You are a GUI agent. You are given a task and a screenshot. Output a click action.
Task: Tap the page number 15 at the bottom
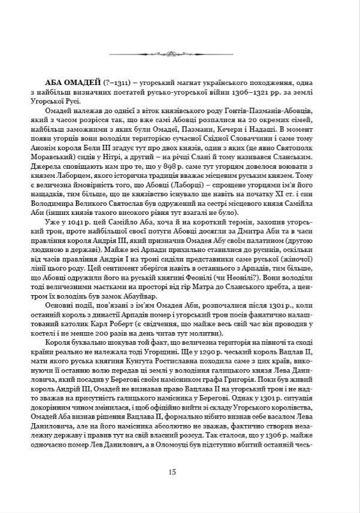[172, 472]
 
